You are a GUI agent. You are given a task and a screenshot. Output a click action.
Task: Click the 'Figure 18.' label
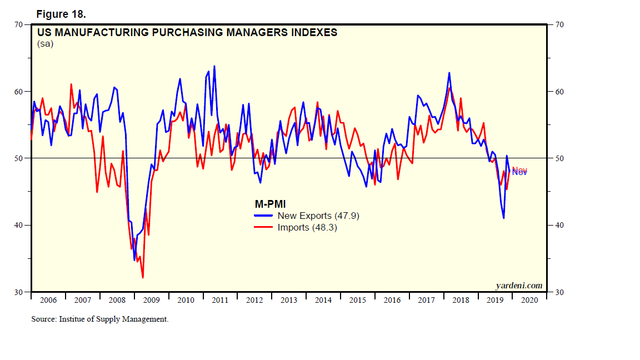61,13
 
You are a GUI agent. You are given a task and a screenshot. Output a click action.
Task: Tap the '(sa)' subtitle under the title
45,44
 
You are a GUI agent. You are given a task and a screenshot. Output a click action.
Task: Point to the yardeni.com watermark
518,286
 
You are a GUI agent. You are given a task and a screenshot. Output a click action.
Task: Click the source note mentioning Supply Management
99,319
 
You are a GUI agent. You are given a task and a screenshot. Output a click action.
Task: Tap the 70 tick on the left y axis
18,25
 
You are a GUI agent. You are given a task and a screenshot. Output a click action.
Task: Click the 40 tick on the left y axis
18,225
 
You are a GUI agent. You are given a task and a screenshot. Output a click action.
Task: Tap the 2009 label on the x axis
151,300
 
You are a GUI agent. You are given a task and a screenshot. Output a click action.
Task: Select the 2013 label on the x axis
289,300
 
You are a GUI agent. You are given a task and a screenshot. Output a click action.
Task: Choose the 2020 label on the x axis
529,300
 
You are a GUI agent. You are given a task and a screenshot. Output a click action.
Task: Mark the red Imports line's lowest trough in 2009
143,277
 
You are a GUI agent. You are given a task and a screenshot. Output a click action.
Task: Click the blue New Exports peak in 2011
214,66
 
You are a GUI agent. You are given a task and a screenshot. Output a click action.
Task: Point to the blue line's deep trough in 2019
504,218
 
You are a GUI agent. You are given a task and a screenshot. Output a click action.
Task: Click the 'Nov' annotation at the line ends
519,171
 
